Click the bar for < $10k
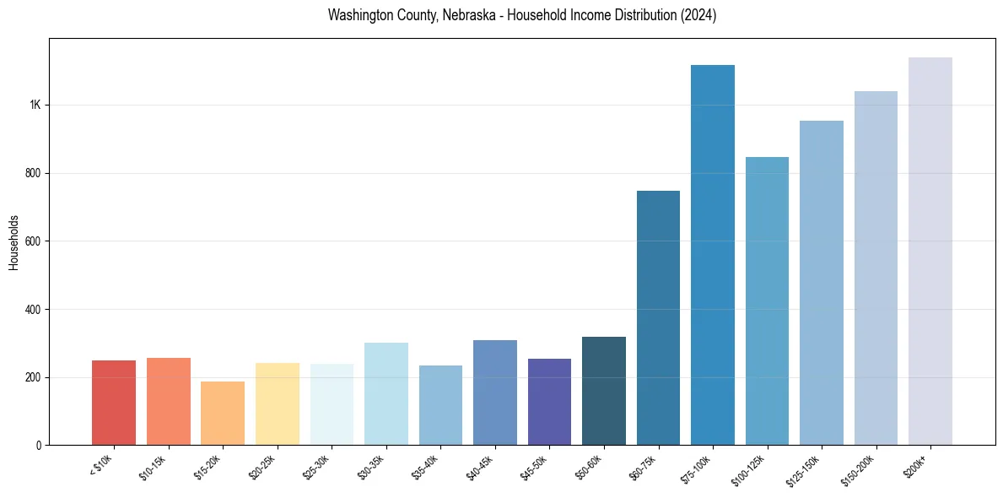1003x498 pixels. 114,403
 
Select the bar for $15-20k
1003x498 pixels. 223,414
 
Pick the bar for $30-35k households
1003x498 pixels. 386,394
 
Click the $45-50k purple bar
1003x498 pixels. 549,402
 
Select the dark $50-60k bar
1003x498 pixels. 604,391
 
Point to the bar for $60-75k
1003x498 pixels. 658,318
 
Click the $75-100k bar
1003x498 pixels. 713,255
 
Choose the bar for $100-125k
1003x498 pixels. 767,301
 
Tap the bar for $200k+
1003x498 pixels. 930,252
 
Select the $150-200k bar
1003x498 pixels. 876,268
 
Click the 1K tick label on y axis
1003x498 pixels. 35,106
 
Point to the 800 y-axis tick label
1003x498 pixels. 33,173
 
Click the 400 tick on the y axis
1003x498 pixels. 33,309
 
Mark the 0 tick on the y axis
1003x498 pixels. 38,445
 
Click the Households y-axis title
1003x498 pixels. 14,241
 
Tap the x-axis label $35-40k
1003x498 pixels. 426,467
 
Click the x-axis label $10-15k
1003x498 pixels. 154,467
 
